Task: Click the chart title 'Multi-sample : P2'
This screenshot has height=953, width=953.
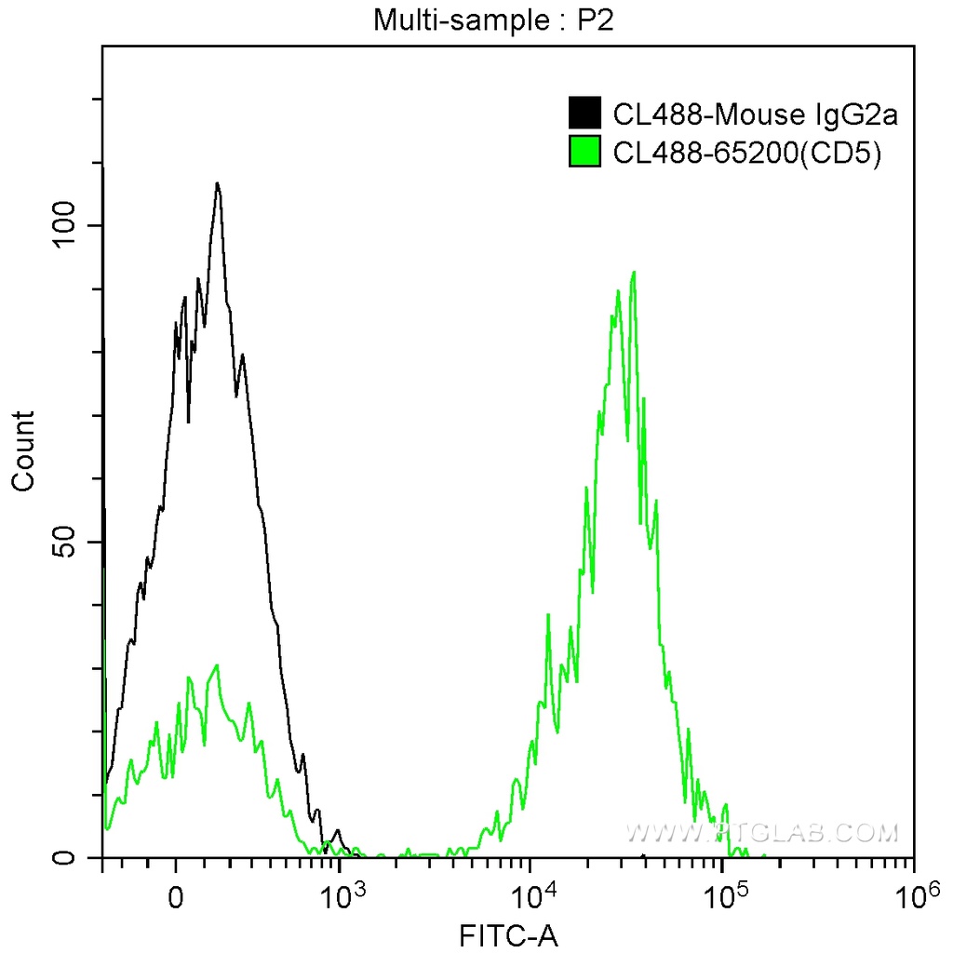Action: click(494, 20)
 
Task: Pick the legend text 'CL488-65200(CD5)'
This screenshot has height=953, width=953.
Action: click(746, 152)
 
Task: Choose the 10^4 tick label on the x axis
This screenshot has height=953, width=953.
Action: click(532, 896)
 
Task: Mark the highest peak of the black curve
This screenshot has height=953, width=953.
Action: click(217, 183)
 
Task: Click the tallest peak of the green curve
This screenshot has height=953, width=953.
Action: click(634, 273)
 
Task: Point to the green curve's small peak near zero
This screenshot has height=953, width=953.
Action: click(217, 665)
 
